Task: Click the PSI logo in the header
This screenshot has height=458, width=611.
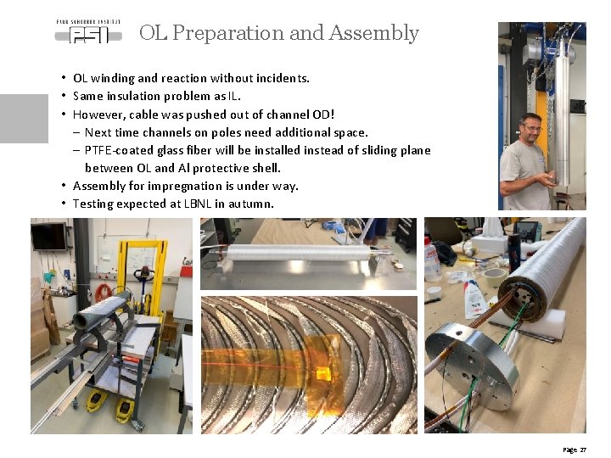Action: click(87, 32)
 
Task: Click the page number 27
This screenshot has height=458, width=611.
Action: click(582, 449)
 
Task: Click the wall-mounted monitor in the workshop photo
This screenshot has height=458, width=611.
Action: click(48, 236)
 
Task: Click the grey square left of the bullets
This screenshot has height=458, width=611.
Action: click(24, 118)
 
